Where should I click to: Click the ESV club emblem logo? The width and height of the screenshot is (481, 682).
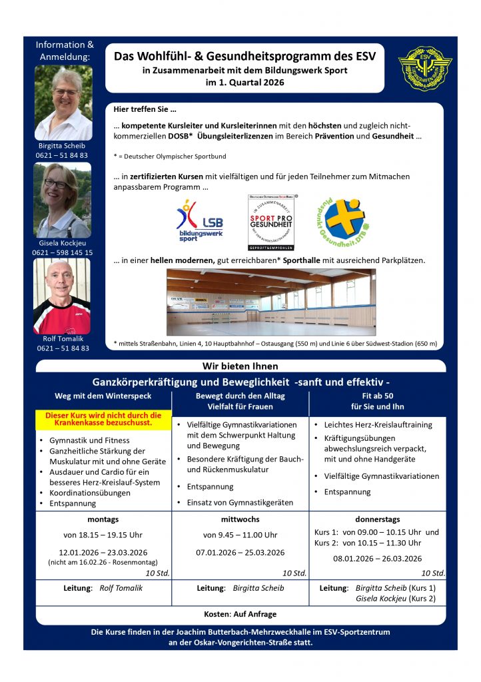pyautogui.click(x=425, y=69)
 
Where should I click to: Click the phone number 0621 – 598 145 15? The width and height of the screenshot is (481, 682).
pyautogui.click(x=63, y=253)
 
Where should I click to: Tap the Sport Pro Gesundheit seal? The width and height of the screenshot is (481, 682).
pyautogui.click(x=271, y=222)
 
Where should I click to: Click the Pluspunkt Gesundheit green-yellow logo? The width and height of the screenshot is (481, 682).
pyautogui.click(x=342, y=219)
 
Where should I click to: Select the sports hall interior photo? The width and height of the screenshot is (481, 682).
pyautogui.click(x=270, y=302)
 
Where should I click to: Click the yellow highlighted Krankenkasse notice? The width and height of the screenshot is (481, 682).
pyautogui.click(x=103, y=418)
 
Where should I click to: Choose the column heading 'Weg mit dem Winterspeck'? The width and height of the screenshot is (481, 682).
pyautogui.click(x=103, y=396)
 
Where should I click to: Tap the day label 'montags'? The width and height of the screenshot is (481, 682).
pyautogui.click(x=103, y=519)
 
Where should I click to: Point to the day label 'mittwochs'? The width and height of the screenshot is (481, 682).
pyautogui.click(x=240, y=519)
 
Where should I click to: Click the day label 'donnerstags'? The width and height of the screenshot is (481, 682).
pyautogui.click(x=377, y=519)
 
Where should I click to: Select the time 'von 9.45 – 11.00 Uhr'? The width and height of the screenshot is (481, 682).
pyautogui.click(x=240, y=535)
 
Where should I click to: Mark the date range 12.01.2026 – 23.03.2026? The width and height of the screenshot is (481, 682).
pyautogui.click(x=103, y=552)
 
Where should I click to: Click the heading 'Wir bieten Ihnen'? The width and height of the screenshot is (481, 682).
pyautogui.click(x=240, y=366)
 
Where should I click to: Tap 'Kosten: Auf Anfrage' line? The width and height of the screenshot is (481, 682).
pyautogui.click(x=240, y=614)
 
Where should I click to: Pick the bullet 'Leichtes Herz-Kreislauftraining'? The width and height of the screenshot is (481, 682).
pyautogui.click(x=378, y=424)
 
